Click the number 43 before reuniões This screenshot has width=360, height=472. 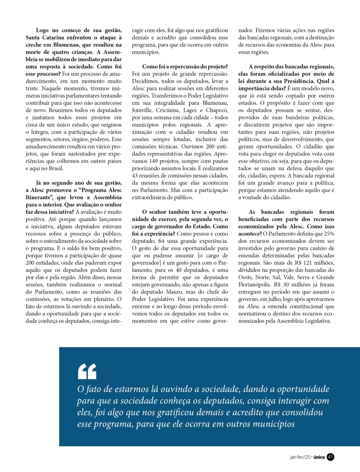pos(137,178)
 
